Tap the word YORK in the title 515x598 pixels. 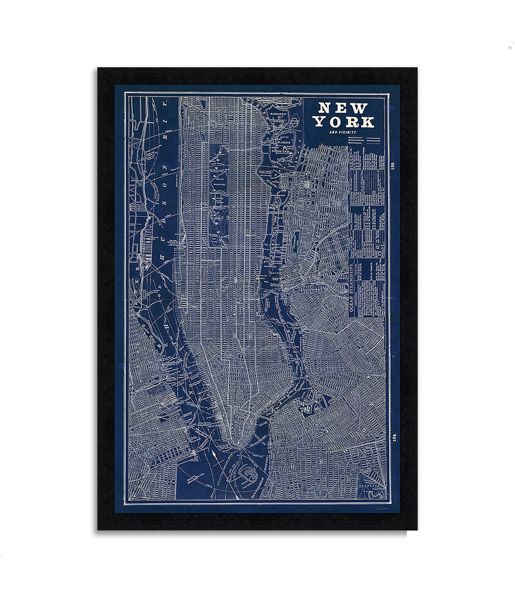(344, 122)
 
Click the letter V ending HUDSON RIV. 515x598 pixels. (165, 105)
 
